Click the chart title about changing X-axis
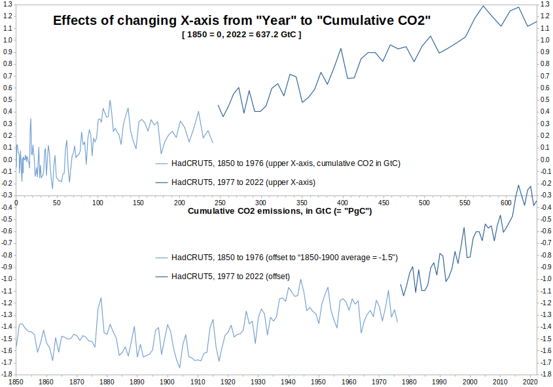pyautogui.click(x=241, y=20)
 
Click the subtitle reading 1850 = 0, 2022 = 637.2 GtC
pyautogui.click(x=241, y=35)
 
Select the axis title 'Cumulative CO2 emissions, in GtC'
pyautogui.click(x=279, y=211)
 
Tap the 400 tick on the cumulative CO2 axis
pyautogui.click(x=342, y=203)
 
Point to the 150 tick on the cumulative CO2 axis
pyautogui.click(x=138, y=203)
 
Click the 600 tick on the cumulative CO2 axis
pyautogui.click(x=506, y=203)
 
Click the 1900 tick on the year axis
pyautogui.click(x=167, y=382)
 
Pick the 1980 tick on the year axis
pyautogui.click(x=409, y=382)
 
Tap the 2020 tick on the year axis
pyautogui.click(x=530, y=382)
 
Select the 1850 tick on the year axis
pyautogui.click(x=16, y=382)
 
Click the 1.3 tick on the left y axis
pyautogui.click(x=8, y=4)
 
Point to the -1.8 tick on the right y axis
pyautogui.click(x=545, y=374)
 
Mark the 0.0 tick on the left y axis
pyautogui.click(x=8, y=160)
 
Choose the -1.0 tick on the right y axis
pyautogui.click(x=545, y=279)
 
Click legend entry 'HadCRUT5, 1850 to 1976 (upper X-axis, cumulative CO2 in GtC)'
pyautogui.click(x=278, y=163)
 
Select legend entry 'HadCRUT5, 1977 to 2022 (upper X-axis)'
pyautogui.click(x=235, y=182)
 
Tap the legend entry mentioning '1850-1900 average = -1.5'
pyautogui.click(x=276, y=258)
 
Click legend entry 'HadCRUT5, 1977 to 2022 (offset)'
pyautogui.click(x=223, y=277)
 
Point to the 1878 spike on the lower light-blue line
pyautogui.click(x=101, y=298)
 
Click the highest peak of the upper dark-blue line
pyautogui.click(x=483, y=6)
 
